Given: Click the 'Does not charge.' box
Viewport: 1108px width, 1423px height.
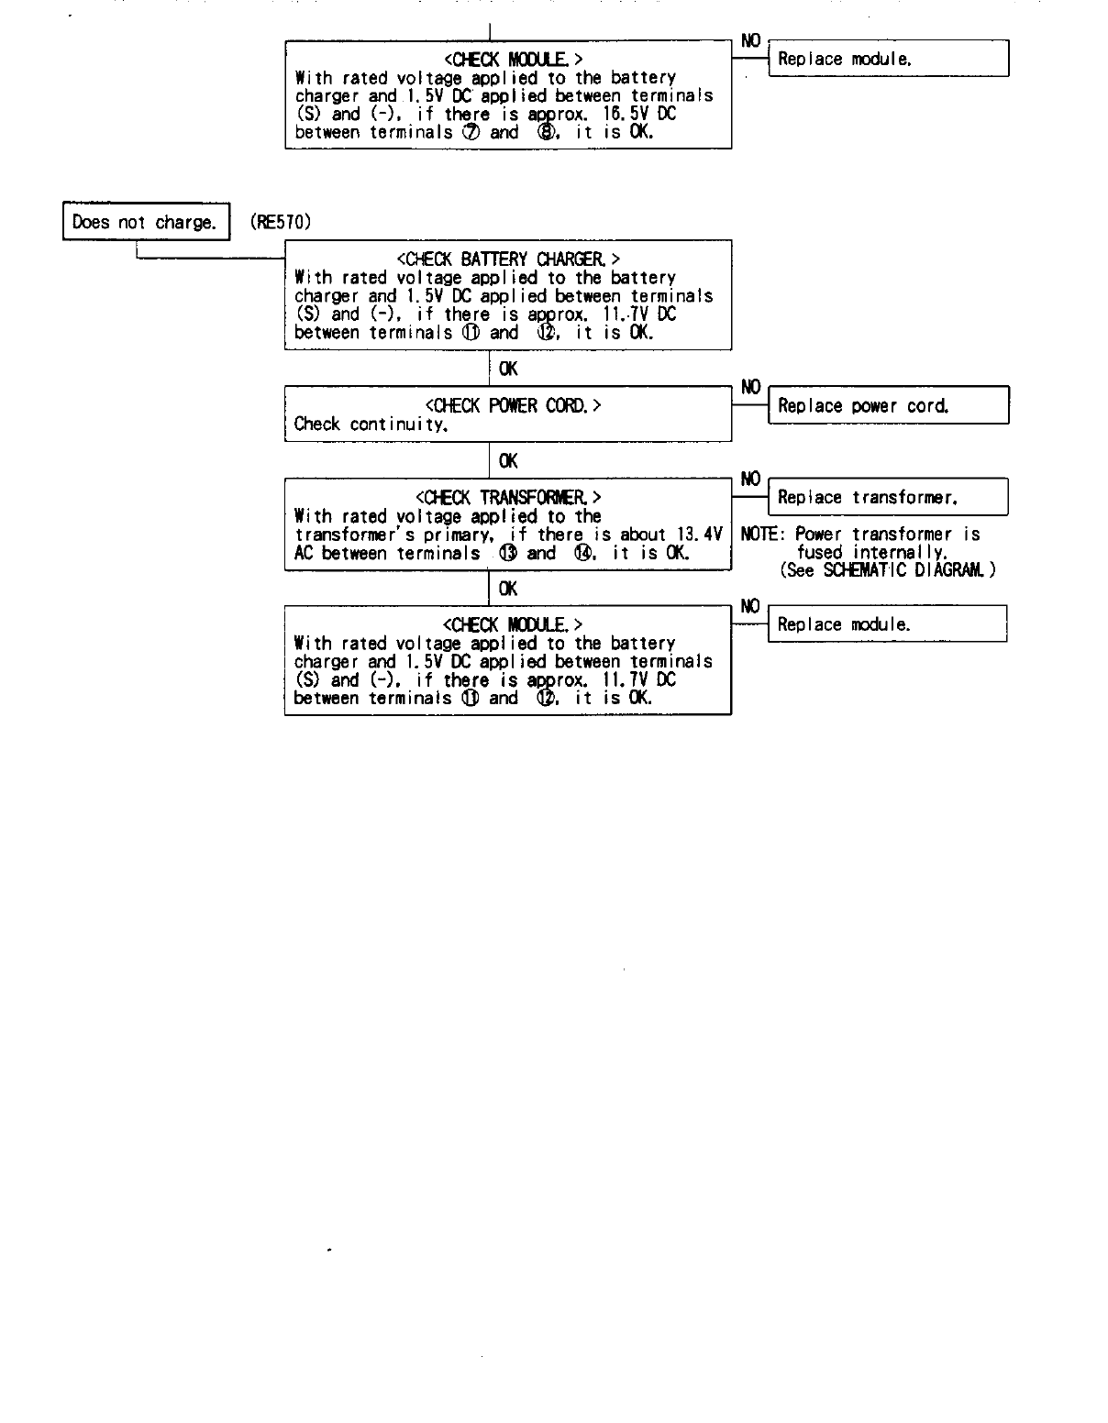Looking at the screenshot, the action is point(145,222).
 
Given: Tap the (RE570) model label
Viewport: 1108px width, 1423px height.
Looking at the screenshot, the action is point(281,222).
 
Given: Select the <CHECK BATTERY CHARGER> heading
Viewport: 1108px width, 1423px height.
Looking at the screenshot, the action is point(507,259).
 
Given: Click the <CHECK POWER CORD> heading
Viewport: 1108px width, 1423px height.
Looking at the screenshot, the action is point(513,405).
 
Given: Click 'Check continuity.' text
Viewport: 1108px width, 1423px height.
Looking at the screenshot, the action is point(371,425).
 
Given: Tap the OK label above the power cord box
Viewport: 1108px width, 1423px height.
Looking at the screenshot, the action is point(508,369).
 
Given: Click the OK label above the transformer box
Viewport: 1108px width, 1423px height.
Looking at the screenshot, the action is point(508,461).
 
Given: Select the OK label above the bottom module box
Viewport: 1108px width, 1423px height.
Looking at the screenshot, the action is point(508,589).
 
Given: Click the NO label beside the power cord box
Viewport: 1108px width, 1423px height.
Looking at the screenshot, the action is point(750,387).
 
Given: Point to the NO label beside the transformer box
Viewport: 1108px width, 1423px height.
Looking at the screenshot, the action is point(750,479).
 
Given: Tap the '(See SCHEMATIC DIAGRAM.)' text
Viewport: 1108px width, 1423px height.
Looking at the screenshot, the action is point(887,570).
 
